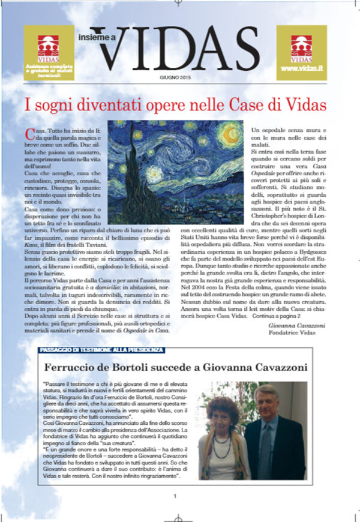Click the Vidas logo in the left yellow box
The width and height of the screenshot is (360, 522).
[x=49, y=46]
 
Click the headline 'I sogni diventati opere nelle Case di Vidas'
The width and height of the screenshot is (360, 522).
[x=175, y=105]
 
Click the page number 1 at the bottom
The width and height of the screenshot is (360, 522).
[x=175, y=496]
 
